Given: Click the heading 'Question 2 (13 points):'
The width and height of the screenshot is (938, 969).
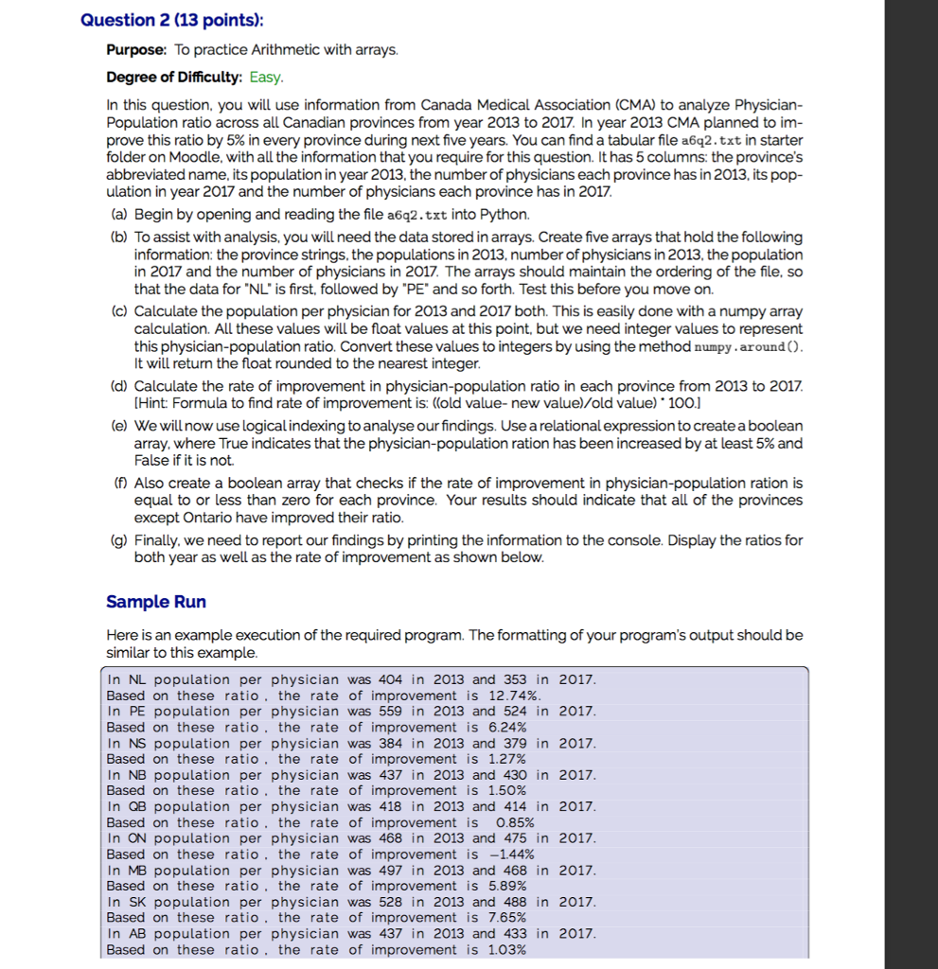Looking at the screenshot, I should coord(173,20).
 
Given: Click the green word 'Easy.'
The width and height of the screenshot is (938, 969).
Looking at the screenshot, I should coord(266,77).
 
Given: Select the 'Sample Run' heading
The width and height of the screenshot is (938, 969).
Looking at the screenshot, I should coord(156,602).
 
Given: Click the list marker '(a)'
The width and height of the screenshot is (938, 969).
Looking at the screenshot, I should coord(119,215).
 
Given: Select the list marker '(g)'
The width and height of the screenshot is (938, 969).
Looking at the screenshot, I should coord(119,540).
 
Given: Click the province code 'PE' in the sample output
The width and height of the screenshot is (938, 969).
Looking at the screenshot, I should coord(136,711).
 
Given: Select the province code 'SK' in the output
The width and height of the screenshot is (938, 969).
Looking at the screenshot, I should coord(136,901).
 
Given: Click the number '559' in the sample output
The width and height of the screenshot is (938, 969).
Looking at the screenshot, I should coord(391,711).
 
